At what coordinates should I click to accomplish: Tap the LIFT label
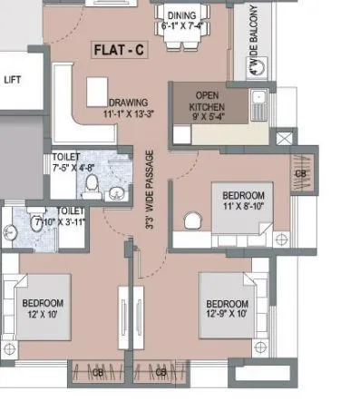(x=12, y=80)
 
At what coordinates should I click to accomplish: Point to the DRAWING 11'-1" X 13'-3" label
(x=130, y=107)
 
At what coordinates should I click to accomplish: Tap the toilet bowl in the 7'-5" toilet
(x=92, y=186)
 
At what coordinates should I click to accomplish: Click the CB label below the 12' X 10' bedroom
(x=97, y=372)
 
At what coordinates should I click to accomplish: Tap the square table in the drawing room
(x=97, y=90)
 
